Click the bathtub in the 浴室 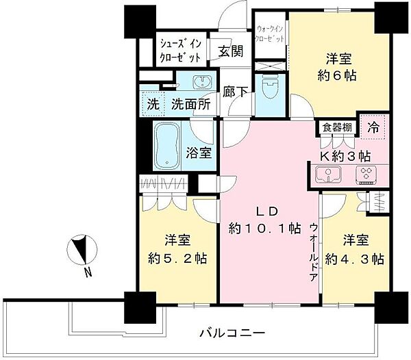pyautogui.click(x=166, y=146)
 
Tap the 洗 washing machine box pyautogui.click(x=153, y=106)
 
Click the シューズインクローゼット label pyautogui.click(x=180, y=51)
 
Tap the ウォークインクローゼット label pyautogui.click(x=270, y=34)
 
